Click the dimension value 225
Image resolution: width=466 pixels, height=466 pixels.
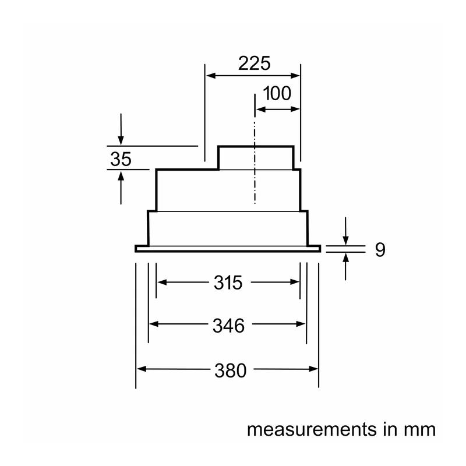coord(255,63)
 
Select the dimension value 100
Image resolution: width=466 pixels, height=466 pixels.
coord(277,93)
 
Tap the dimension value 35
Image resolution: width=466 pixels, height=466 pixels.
coord(121,159)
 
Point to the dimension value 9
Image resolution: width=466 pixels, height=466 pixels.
coord(380,250)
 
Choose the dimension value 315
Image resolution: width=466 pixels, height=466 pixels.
coord(228,283)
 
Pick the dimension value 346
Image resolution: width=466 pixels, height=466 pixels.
coord(228,326)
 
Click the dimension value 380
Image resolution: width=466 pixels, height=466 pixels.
coord(231,370)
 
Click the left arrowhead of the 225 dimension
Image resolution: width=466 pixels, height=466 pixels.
coord(211,76)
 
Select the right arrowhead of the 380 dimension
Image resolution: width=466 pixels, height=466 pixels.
coord(313,369)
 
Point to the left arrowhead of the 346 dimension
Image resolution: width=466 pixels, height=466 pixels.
coord(154,324)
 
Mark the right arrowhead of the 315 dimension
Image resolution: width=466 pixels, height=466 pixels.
coord(295,282)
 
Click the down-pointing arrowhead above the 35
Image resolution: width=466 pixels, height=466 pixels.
coord(121,140)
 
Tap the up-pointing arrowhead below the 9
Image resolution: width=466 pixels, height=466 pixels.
coord(345,258)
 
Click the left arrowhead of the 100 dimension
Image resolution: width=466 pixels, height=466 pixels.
coord(260,110)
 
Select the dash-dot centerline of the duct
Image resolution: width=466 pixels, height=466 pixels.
coord(255,149)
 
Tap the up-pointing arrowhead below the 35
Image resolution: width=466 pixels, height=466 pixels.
coord(121,176)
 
